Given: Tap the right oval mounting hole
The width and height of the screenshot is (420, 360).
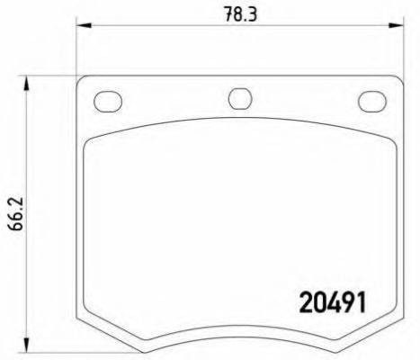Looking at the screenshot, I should (371, 100).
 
